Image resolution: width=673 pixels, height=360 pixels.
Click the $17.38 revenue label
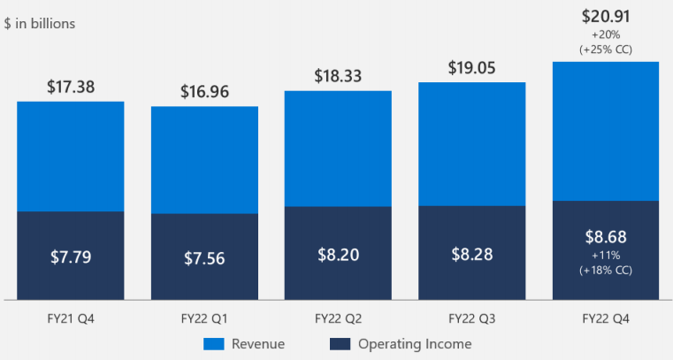pyautogui.click(x=71, y=87)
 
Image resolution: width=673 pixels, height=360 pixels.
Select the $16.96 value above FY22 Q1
pyautogui.click(x=204, y=91)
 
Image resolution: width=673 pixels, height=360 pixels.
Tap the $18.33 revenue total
pyautogui.click(x=338, y=76)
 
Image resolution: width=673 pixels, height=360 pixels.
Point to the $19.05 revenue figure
pyautogui.click(x=471, y=67)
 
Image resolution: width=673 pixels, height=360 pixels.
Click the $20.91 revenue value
pyautogui.click(x=606, y=15)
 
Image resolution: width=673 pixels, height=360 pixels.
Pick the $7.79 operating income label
pyautogui.click(x=71, y=257)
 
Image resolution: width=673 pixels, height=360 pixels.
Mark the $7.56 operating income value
pyautogui.click(x=204, y=258)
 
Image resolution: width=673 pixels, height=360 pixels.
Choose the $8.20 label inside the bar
pyautogui.click(x=338, y=254)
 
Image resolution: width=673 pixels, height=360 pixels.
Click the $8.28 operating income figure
pyautogui.click(x=471, y=254)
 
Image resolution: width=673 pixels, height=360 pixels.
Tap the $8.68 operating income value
pyautogui.click(x=606, y=237)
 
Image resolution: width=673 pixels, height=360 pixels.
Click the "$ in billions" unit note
pyautogui.click(x=40, y=24)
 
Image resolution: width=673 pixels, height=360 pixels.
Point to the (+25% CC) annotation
pyautogui.click(x=606, y=50)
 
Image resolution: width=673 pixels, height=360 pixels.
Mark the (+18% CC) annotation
pyautogui.click(x=606, y=269)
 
